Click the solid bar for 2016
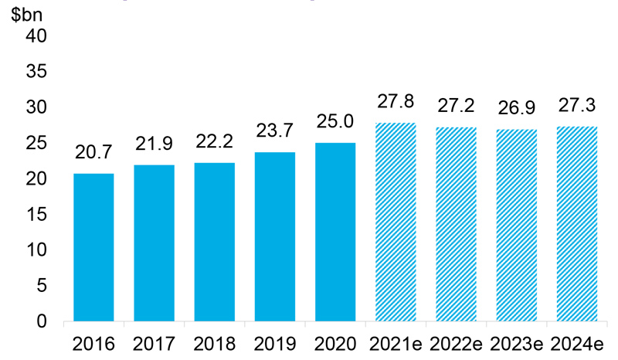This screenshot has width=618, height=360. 93,247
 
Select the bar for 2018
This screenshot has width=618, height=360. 215,242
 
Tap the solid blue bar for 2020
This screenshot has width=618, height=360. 336,232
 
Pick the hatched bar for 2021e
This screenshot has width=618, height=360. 396,222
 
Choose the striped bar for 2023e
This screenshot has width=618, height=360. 518,225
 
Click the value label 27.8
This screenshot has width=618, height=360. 396,102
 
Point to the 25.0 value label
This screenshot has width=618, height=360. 336,122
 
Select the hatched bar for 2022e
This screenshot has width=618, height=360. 457,224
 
